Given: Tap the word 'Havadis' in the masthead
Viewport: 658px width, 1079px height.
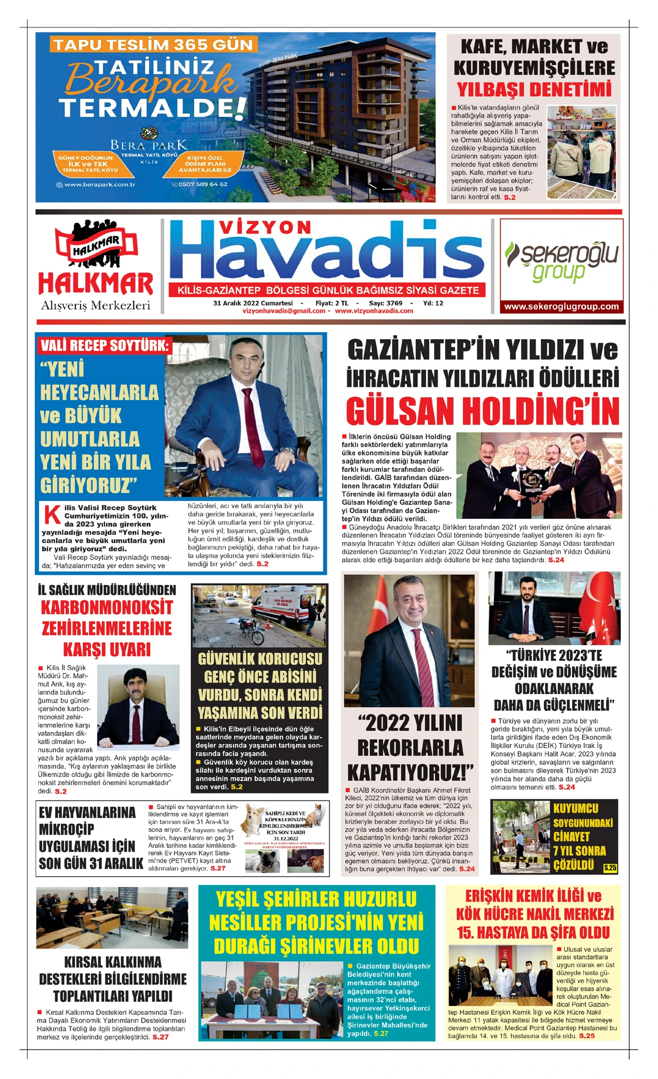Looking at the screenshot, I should pos(327,252).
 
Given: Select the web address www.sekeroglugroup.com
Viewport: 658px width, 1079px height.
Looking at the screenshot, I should pos(561,306).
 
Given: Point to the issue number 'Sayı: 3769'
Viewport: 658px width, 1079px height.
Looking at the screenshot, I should pos(385,303).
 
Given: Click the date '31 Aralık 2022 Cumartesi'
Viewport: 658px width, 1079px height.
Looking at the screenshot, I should pos(253,303).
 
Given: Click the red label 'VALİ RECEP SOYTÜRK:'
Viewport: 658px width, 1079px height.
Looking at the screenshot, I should pos(104,346).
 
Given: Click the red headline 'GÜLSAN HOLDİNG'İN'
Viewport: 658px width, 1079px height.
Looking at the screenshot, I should pos(483,411).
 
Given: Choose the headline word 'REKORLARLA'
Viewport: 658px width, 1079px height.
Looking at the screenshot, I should pos(410,747).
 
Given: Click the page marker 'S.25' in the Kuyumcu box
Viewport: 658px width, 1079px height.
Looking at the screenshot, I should pos(610,867).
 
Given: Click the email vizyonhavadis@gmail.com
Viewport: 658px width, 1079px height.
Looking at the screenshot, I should pos(283,311).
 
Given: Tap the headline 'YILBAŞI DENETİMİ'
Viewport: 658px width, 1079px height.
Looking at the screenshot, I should pos(534,89).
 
